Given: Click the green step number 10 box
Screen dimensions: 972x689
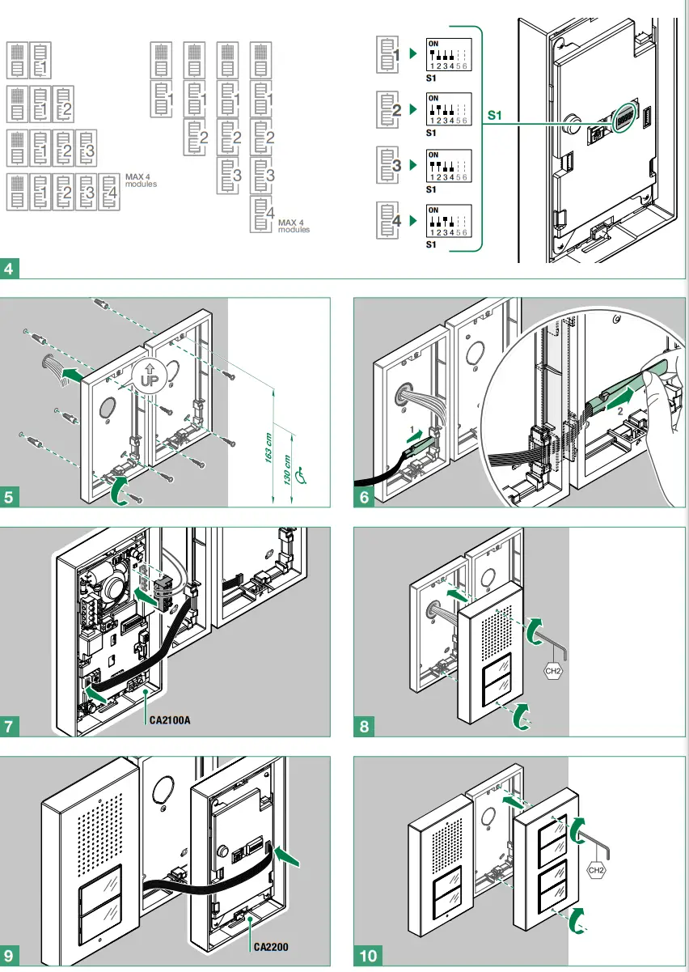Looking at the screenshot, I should pyautogui.click(x=368, y=957).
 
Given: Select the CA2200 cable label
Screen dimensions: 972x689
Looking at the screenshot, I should pyautogui.click(x=270, y=945).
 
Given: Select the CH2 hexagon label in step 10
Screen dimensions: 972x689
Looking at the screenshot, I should pyautogui.click(x=596, y=871).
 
